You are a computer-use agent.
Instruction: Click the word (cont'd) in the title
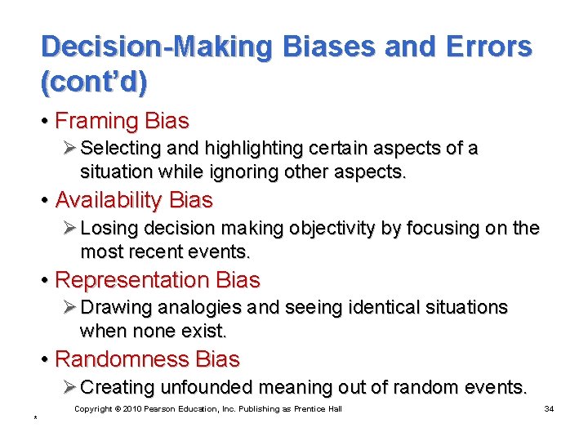point(96,80)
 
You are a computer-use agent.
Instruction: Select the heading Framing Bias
point(122,121)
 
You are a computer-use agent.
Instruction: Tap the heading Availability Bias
point(133,200)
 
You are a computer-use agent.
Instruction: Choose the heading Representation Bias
point(157,280)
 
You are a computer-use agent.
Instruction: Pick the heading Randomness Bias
point(147,359)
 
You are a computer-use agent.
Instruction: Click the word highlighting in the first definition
point(247,149)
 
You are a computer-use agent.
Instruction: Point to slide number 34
point(549,408)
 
